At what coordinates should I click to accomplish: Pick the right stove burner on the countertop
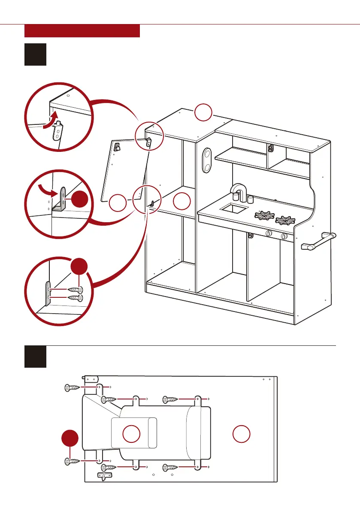(285, 221)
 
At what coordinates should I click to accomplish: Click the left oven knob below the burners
(269, 234)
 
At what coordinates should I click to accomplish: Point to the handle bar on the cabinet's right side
(319, 241)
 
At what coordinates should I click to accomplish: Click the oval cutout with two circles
(207, 160)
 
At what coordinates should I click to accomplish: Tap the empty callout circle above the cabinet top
(203, 112)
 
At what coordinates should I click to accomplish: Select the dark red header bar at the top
(82, 31)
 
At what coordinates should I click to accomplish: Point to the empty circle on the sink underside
(131, 434)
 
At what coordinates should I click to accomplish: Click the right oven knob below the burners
(284, 236)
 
